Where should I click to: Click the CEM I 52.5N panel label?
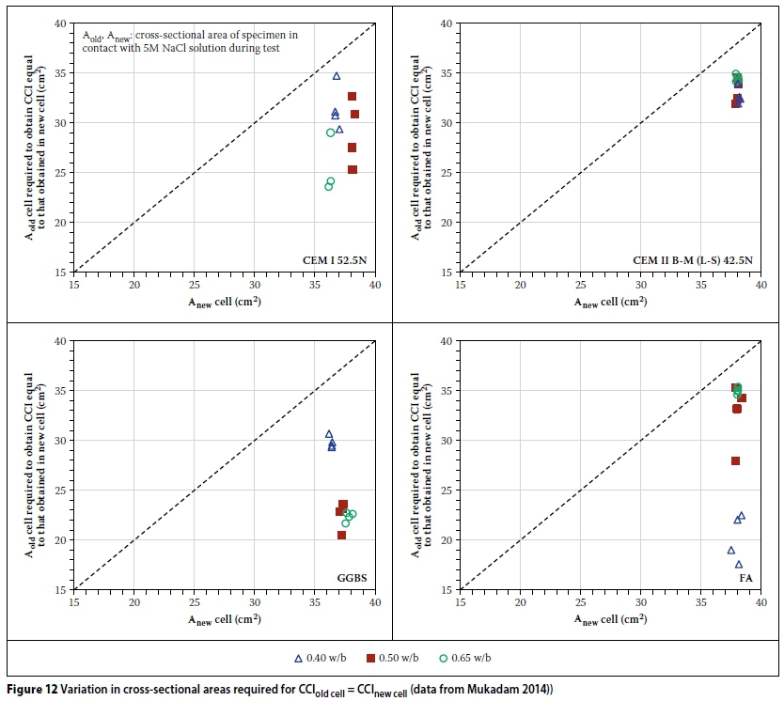(x=333, y=259)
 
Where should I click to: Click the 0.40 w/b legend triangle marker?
(x=299, y=658)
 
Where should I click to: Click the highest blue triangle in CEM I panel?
(x=337, y=76)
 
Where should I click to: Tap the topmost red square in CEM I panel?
(x=353, y=96)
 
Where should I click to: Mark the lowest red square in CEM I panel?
(x=353, y=170)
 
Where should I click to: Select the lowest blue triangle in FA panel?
(x=739, y=565)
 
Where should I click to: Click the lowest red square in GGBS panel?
(x=341, y=536)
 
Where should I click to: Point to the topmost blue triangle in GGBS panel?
(x=329, y=434)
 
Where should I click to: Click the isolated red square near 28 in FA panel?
(x=735, y=460)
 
